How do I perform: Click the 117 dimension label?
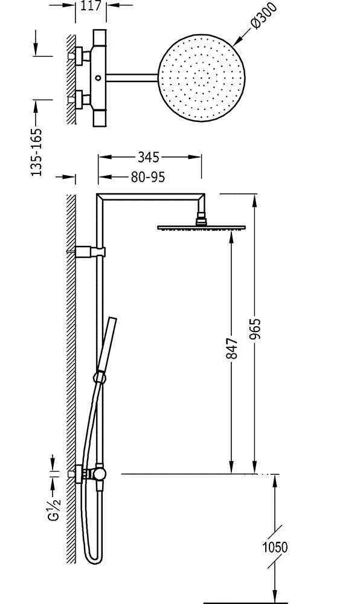coord(91,5)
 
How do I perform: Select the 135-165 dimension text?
coord(37,152)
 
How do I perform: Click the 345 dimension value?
coord(148,157)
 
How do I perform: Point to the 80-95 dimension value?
coord(148,177)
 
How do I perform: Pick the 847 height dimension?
coord(232,349)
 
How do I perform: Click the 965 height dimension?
coord(255,329)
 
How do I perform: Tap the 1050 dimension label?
coord(275,547)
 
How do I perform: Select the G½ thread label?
coord(55,508)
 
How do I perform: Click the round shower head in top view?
coord(201,77)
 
